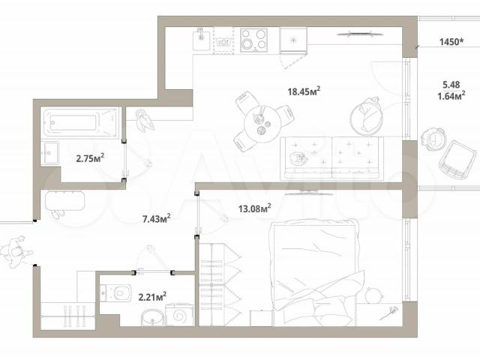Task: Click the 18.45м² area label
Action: tap(304, 91)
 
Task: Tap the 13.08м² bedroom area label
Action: tap(255, 208)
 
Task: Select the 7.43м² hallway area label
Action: tap(157, 218)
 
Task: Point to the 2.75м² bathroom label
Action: tap(90, 158)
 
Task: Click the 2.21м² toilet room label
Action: tap(152, 297)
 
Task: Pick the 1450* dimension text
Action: tap(451, 42)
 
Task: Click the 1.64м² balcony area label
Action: tap(451, 96)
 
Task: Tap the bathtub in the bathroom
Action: tap(80, 123)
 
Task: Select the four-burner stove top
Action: tap(253, 40)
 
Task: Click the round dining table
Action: tap(262, 124)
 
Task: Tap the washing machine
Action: tap(179, 315)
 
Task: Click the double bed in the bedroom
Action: tap(315, 272)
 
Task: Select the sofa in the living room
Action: tap(331, 158)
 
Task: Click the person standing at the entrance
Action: tap(16, 252)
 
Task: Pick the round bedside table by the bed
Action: tap(373, 295)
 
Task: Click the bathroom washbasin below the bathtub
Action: tap(49, 153)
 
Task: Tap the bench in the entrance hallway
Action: tap(64, 200)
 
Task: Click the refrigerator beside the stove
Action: tap(293, 40)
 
